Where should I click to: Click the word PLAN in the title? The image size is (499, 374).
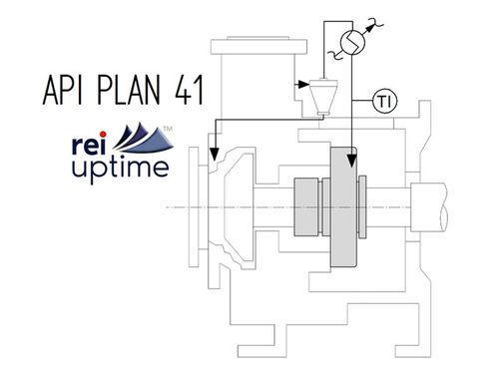click(x=128, y=92)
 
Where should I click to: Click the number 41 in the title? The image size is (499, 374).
click(x=187, y=92)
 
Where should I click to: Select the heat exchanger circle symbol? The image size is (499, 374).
click(x=351, y=41)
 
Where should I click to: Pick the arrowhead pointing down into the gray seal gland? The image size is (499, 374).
click(x=351, y=159)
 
